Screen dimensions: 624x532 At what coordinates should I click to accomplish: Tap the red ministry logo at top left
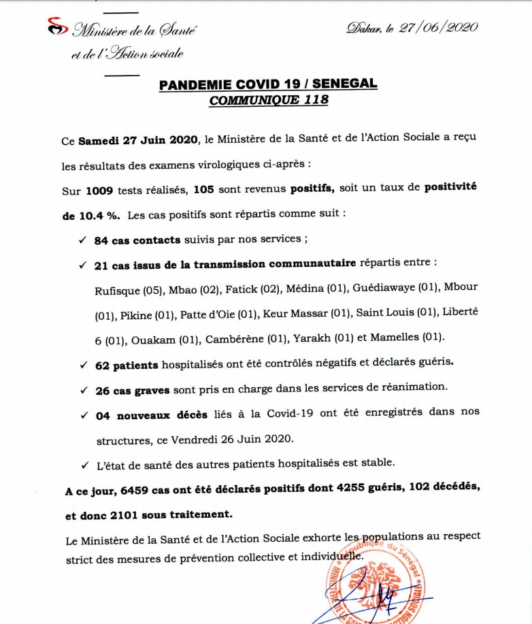coord(58,28)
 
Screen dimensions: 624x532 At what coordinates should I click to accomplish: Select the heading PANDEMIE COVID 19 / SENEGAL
coord(268,84)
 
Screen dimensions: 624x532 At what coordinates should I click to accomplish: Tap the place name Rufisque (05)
coord(127,290)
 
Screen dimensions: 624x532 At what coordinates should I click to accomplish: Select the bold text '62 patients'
coord(127,365)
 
